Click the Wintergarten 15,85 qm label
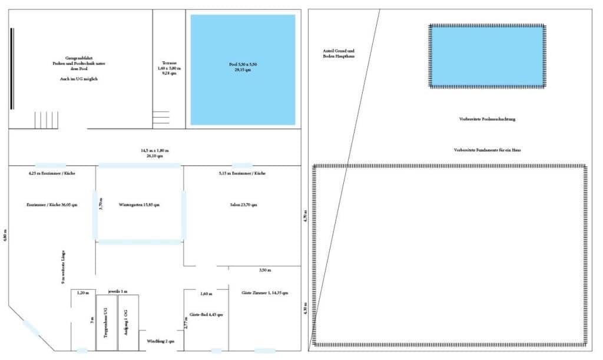[140, 205]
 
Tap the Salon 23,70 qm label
[243, 205]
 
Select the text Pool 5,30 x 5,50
[243, 64]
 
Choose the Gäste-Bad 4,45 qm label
[206, 315]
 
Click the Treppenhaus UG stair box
[106, 322]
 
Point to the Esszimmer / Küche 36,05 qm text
[52, 205]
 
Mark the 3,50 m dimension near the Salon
[265, 270]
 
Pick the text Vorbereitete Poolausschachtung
[487, 119]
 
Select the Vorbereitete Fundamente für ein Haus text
[487, 150]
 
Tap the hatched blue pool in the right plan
[486, 55]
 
